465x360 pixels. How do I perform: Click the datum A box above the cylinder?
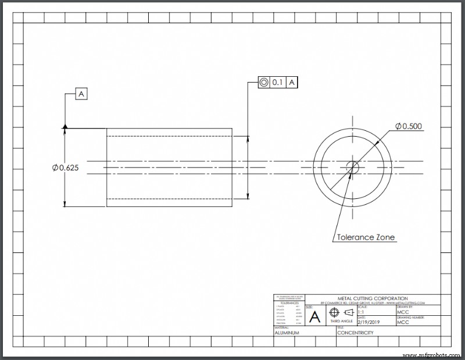click(x=81, y=94)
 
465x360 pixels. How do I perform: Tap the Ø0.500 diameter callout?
click(x=409, y=126)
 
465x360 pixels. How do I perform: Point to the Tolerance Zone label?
click(x=366, y=237)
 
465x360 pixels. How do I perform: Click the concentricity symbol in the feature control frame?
click(x=264, y=83)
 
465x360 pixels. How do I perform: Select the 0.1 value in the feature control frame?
click(x=277, y=83)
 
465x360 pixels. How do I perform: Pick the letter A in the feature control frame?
click(x=292, y=83)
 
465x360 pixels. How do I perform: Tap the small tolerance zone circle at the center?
click(x=352, y=167)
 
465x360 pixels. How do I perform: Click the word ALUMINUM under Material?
click(x=287, y=333)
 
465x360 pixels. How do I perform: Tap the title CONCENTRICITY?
click(x=355, y=333)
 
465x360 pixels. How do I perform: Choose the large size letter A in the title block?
click(x=314, y=317)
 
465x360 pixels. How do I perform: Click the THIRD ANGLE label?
click(x=341, y=322)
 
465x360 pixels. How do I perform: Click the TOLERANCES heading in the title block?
click(x=289, y=303)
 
